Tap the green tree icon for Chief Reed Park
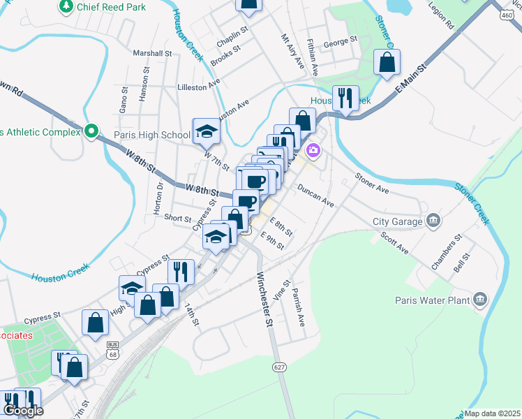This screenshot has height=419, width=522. (66, 6)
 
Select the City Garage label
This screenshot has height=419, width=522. (397, 221)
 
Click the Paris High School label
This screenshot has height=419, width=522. (152, 135)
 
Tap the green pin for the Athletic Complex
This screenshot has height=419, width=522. (91, 131)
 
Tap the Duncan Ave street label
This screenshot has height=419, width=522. (316, 195)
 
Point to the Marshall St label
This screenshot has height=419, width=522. (152, 53)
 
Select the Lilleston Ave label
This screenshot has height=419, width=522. (198, 87)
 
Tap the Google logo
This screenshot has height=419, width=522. (23, 411)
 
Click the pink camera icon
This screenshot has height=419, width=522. (313, 149)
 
